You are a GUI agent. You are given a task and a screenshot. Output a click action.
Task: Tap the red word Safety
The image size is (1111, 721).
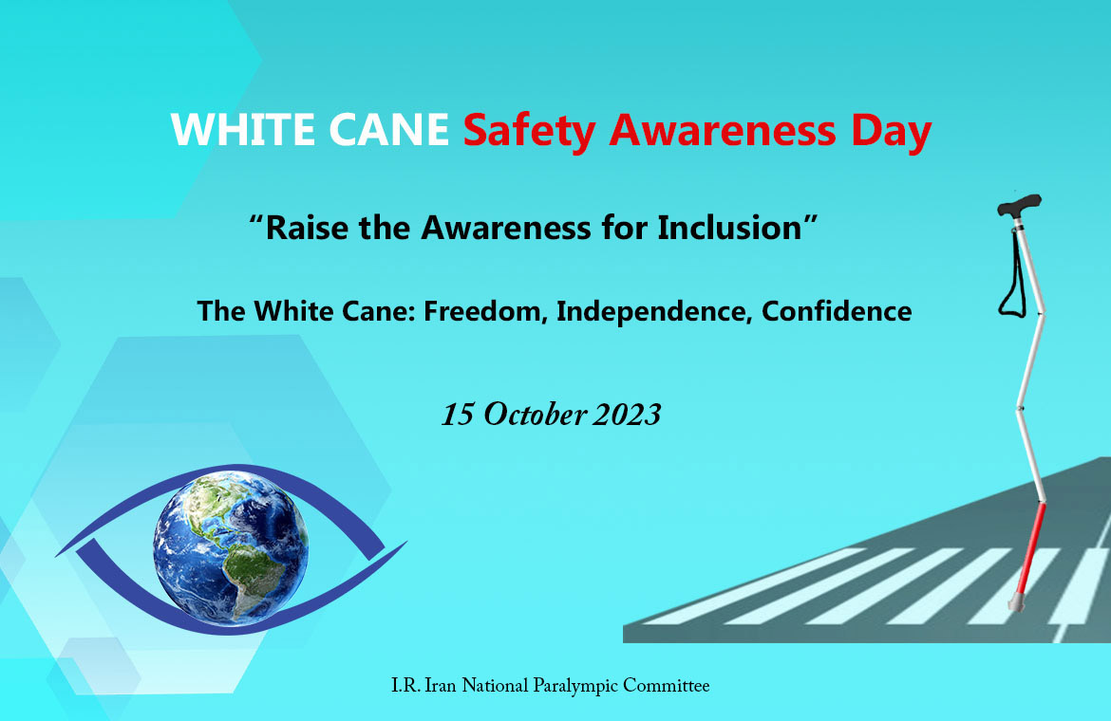click(x=529, y=132)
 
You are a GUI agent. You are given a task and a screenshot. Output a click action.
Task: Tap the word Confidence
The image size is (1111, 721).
click(x=836, y=311)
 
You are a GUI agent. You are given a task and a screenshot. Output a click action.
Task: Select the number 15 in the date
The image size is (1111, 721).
click(x=458, y=415)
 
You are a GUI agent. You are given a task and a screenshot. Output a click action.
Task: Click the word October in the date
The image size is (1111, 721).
click(x=535, y=415)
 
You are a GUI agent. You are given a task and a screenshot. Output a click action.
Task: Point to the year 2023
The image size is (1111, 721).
click(x=627, y=415)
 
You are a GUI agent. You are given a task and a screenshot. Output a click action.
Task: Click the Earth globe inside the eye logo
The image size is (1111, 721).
click(x=231, y=548)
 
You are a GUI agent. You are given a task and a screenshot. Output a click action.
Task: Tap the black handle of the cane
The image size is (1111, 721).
click(x=1019, y=205)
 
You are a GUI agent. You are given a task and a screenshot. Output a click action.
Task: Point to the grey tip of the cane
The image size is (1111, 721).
click(x=1016, y=603)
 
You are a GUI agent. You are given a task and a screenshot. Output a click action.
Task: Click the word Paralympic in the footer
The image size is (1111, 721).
click(x=575, y=686)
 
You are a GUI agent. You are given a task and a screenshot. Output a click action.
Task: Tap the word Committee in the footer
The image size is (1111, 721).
click(x=666, y=686)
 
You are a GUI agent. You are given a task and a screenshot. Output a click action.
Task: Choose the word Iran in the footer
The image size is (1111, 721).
click(x=441, y=686)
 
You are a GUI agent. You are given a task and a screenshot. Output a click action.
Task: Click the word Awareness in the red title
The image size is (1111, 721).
click(x=723, y=131)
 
